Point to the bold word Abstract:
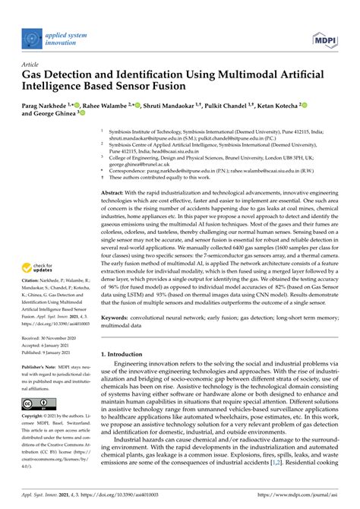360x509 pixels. click(x=117, y=193)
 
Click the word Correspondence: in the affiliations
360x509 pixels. click(x=133, y=171)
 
